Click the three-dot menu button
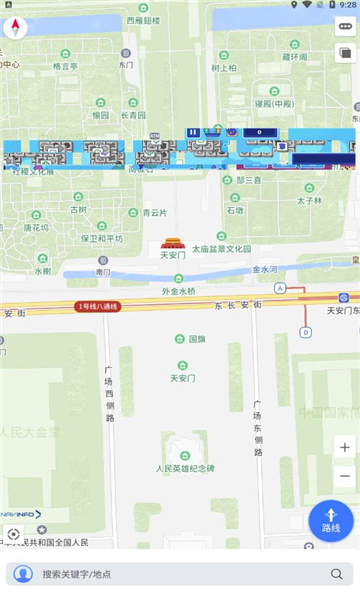click(x=344, y=27)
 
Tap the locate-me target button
click(x=14, y=534)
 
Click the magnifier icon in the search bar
click(x=337, y=574)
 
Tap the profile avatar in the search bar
click(x=22, y=574)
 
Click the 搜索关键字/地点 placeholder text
click(x=77, y=575)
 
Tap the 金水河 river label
click(x=266, y=269)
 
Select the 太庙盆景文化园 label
click(x=221, y=248)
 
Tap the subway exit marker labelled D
click(x=306, y=332)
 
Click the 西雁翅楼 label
click(x=143, y=19)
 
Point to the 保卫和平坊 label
click(x=102, y=239)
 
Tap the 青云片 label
click(x=154, y=212)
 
